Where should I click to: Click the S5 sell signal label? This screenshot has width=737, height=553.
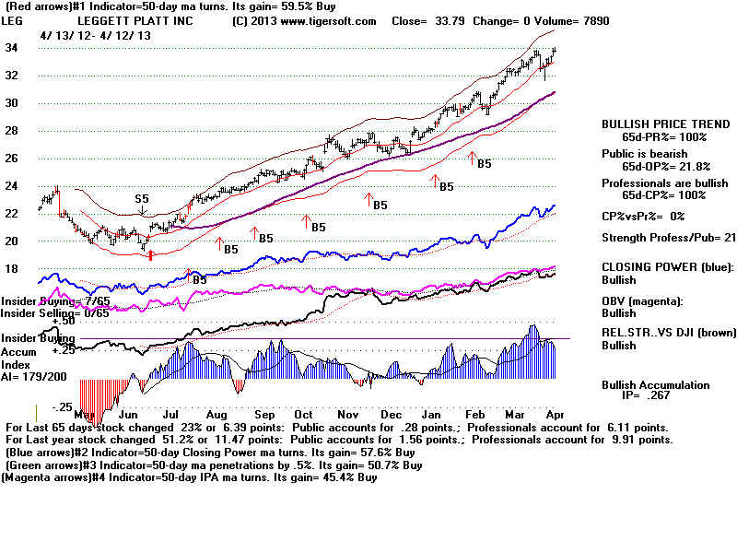pyautogui.click(x=142, y=198)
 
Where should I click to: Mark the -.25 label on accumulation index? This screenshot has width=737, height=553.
pyautogui.click(x=61, y=406)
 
